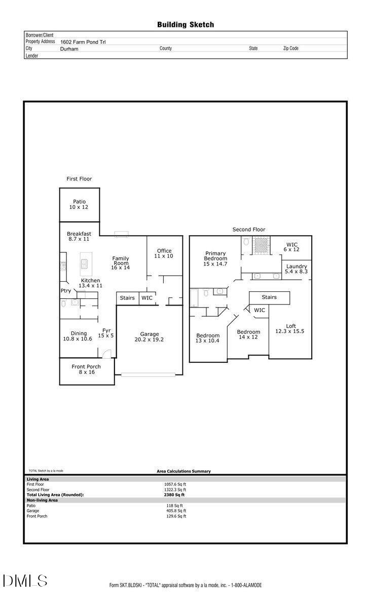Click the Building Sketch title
click(185, 24)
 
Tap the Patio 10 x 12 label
click(79, 205)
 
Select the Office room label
click(164, 253)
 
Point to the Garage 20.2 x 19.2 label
click(150, 337)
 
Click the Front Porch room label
click(86, 369)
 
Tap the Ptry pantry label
click(66, 291)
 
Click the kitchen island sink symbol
click(84, 264)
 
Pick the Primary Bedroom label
click(215, 258)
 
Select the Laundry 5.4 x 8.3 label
click(297, 269)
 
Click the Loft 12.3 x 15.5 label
click(290, 328)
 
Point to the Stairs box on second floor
click(269, 297)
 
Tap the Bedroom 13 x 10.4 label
click(208, 338)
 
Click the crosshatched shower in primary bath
click(261, 244)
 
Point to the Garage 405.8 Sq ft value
click(176, 511)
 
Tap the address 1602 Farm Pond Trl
click(83, 42)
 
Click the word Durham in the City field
click(69, 49)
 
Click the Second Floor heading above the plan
click(249, 230)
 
